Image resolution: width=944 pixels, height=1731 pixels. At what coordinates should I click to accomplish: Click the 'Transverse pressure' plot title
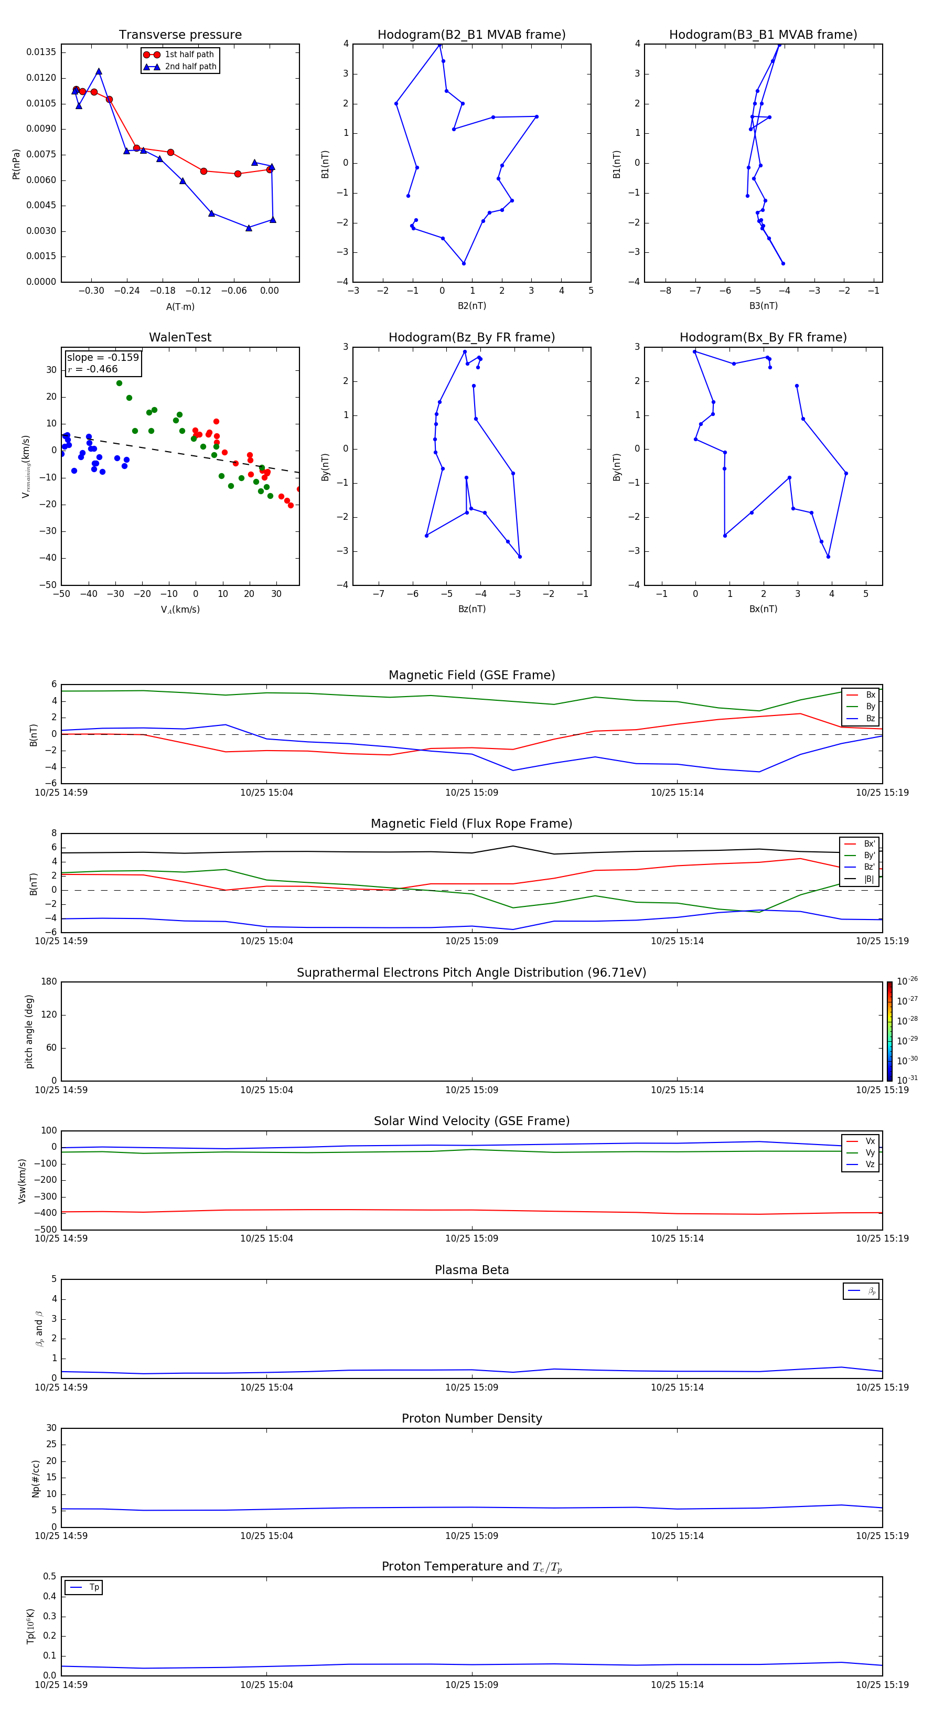pos(180,35)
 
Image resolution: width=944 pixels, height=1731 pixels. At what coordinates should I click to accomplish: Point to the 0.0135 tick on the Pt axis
pos(41,52)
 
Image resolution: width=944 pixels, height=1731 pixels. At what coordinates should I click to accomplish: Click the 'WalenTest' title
pos(180,337)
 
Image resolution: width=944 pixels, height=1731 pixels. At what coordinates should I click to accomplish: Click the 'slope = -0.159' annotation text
pos(103,358)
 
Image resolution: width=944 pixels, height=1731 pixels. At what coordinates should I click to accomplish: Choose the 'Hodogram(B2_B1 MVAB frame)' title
pos(471,35)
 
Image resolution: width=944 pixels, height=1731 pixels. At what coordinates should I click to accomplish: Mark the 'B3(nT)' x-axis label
pos(763,306)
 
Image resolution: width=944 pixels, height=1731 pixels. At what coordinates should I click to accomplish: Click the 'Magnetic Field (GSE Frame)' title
pos(471,675)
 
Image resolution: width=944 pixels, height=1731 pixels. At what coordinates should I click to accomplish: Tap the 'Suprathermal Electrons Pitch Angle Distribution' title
pos(471,973)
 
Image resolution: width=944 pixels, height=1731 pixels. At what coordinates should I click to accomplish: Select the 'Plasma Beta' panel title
pos(471,1270)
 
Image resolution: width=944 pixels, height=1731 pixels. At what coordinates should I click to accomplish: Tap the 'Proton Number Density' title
pos(471,1418)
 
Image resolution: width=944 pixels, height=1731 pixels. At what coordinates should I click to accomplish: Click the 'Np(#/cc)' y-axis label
pos(36,1478)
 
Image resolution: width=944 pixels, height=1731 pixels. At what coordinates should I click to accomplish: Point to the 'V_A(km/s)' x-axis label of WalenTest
pos(180,610)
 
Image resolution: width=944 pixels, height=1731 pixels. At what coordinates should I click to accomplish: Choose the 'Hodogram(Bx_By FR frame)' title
pos(763,337)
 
